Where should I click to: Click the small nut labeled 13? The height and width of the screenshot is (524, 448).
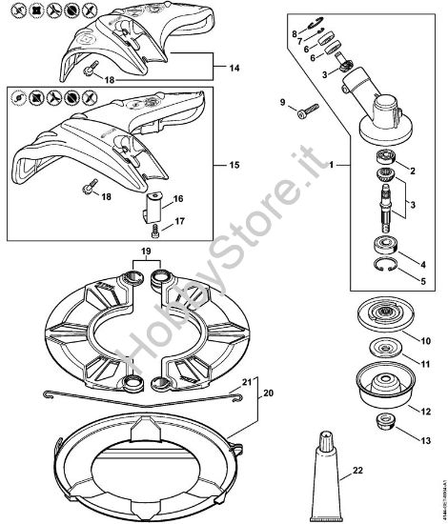coord(386,423)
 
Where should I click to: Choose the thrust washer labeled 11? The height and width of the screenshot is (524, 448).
coord(385,353)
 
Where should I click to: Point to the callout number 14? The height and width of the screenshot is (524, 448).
coord(219,68)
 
